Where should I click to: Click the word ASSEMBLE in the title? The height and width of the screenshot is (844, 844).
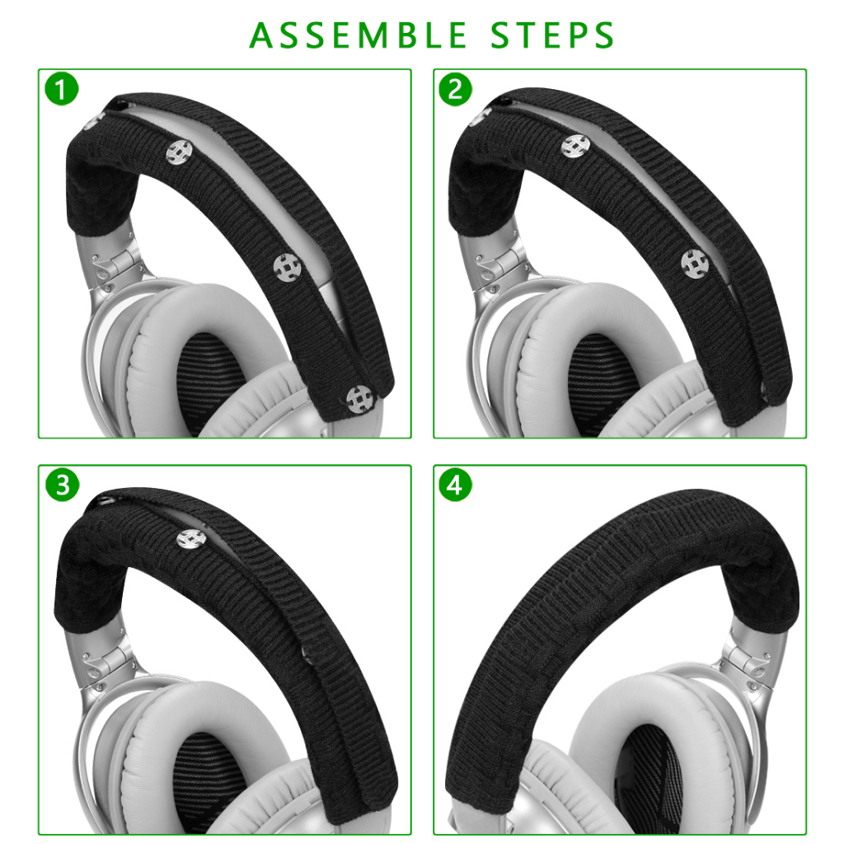[358, 35]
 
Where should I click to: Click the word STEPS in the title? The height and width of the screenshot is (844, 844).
[552, 35]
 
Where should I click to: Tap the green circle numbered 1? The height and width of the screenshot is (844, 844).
[62, 89]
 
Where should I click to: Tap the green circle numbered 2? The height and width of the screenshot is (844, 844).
[455, 89]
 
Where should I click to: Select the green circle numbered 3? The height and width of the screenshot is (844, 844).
[62, 485]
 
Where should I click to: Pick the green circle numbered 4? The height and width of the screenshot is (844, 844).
[455, 485]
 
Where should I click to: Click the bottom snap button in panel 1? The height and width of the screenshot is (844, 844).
[359, 400]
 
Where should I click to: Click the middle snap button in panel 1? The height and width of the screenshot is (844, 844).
[286, 267]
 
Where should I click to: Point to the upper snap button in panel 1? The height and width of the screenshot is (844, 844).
[179, 152]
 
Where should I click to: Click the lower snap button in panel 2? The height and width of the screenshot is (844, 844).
[694, 264]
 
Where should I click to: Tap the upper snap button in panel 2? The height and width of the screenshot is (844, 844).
[574, 146]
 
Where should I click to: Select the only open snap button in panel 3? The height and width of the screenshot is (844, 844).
[190, 539]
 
